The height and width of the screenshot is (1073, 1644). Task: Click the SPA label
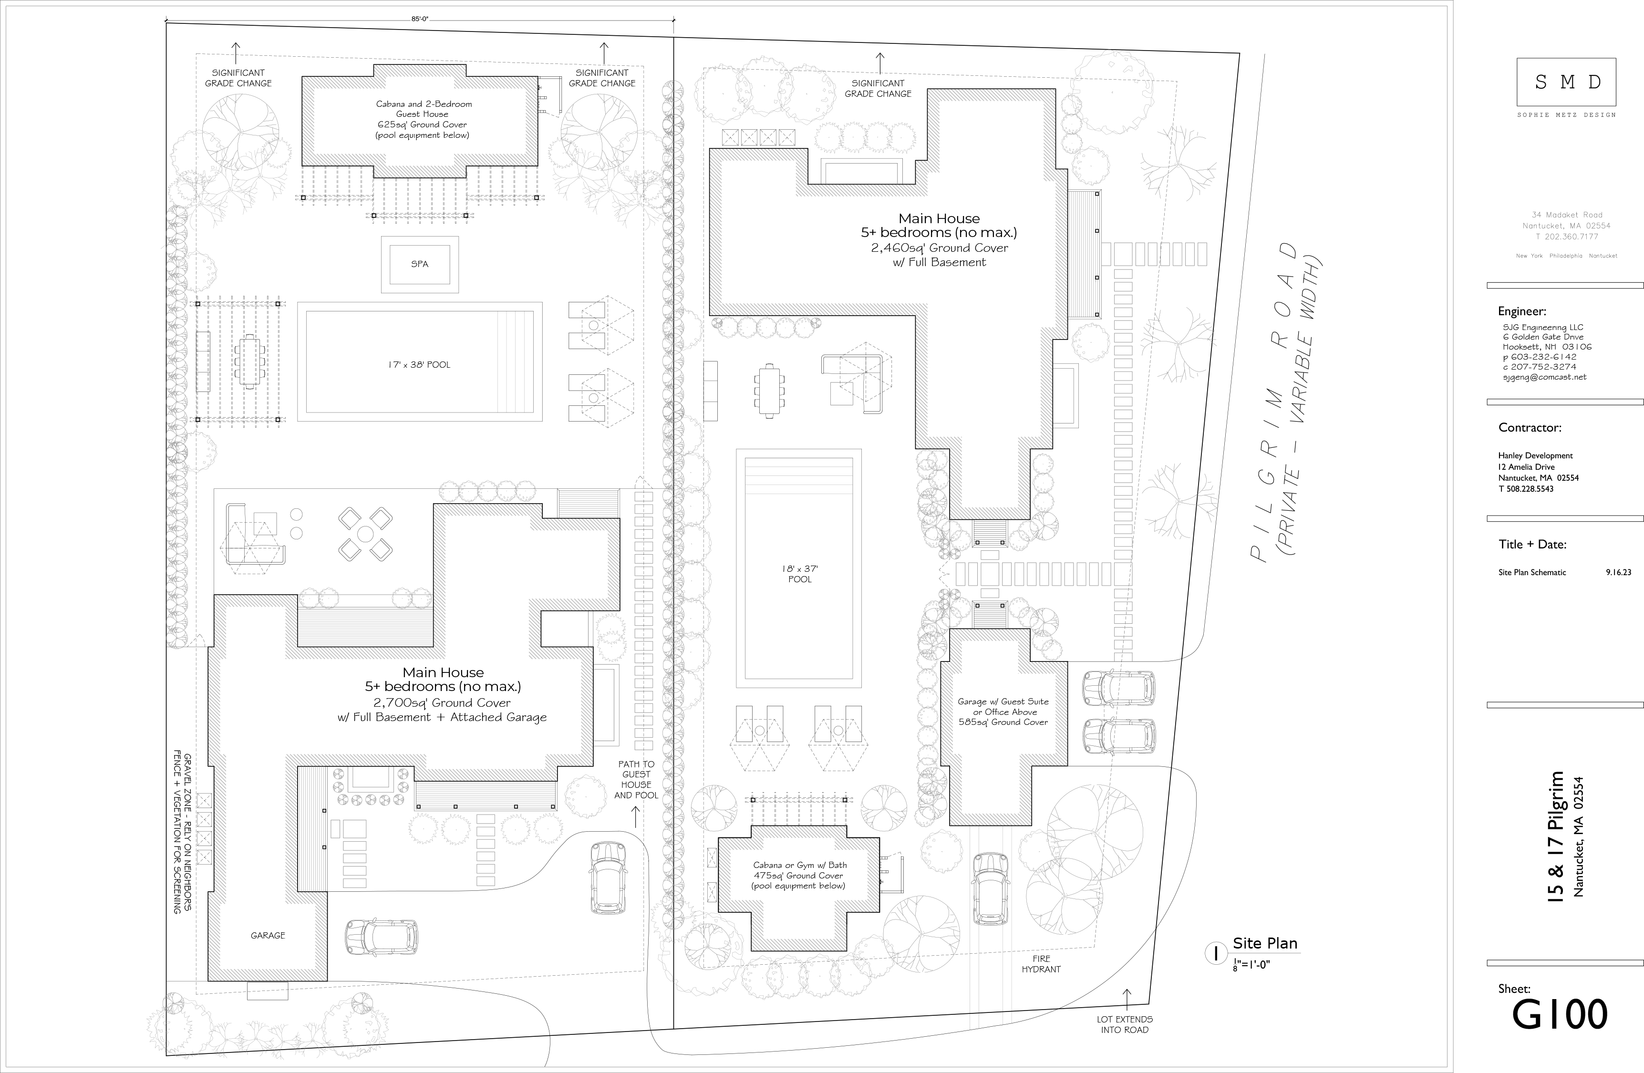coord(419,264)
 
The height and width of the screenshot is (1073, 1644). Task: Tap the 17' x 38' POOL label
coord(419,364)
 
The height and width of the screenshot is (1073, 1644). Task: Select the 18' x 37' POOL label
coord(800,574)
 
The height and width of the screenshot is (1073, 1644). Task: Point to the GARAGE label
coord(268,935)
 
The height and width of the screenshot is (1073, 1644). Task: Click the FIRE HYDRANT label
coord(1041,963)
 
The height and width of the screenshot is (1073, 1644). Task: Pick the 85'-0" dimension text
coord(420,20)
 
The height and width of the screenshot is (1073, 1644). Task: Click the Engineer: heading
coord(1522,311)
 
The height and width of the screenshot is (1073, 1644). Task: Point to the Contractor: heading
coord(1530,427)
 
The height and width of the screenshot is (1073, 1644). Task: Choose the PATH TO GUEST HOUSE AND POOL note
coord(636,780)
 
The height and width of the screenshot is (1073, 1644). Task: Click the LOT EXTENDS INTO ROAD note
coord(1125,1024)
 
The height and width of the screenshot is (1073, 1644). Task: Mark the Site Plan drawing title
coord(1265,943)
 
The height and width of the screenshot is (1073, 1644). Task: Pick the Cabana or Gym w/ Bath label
coord(799,865)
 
